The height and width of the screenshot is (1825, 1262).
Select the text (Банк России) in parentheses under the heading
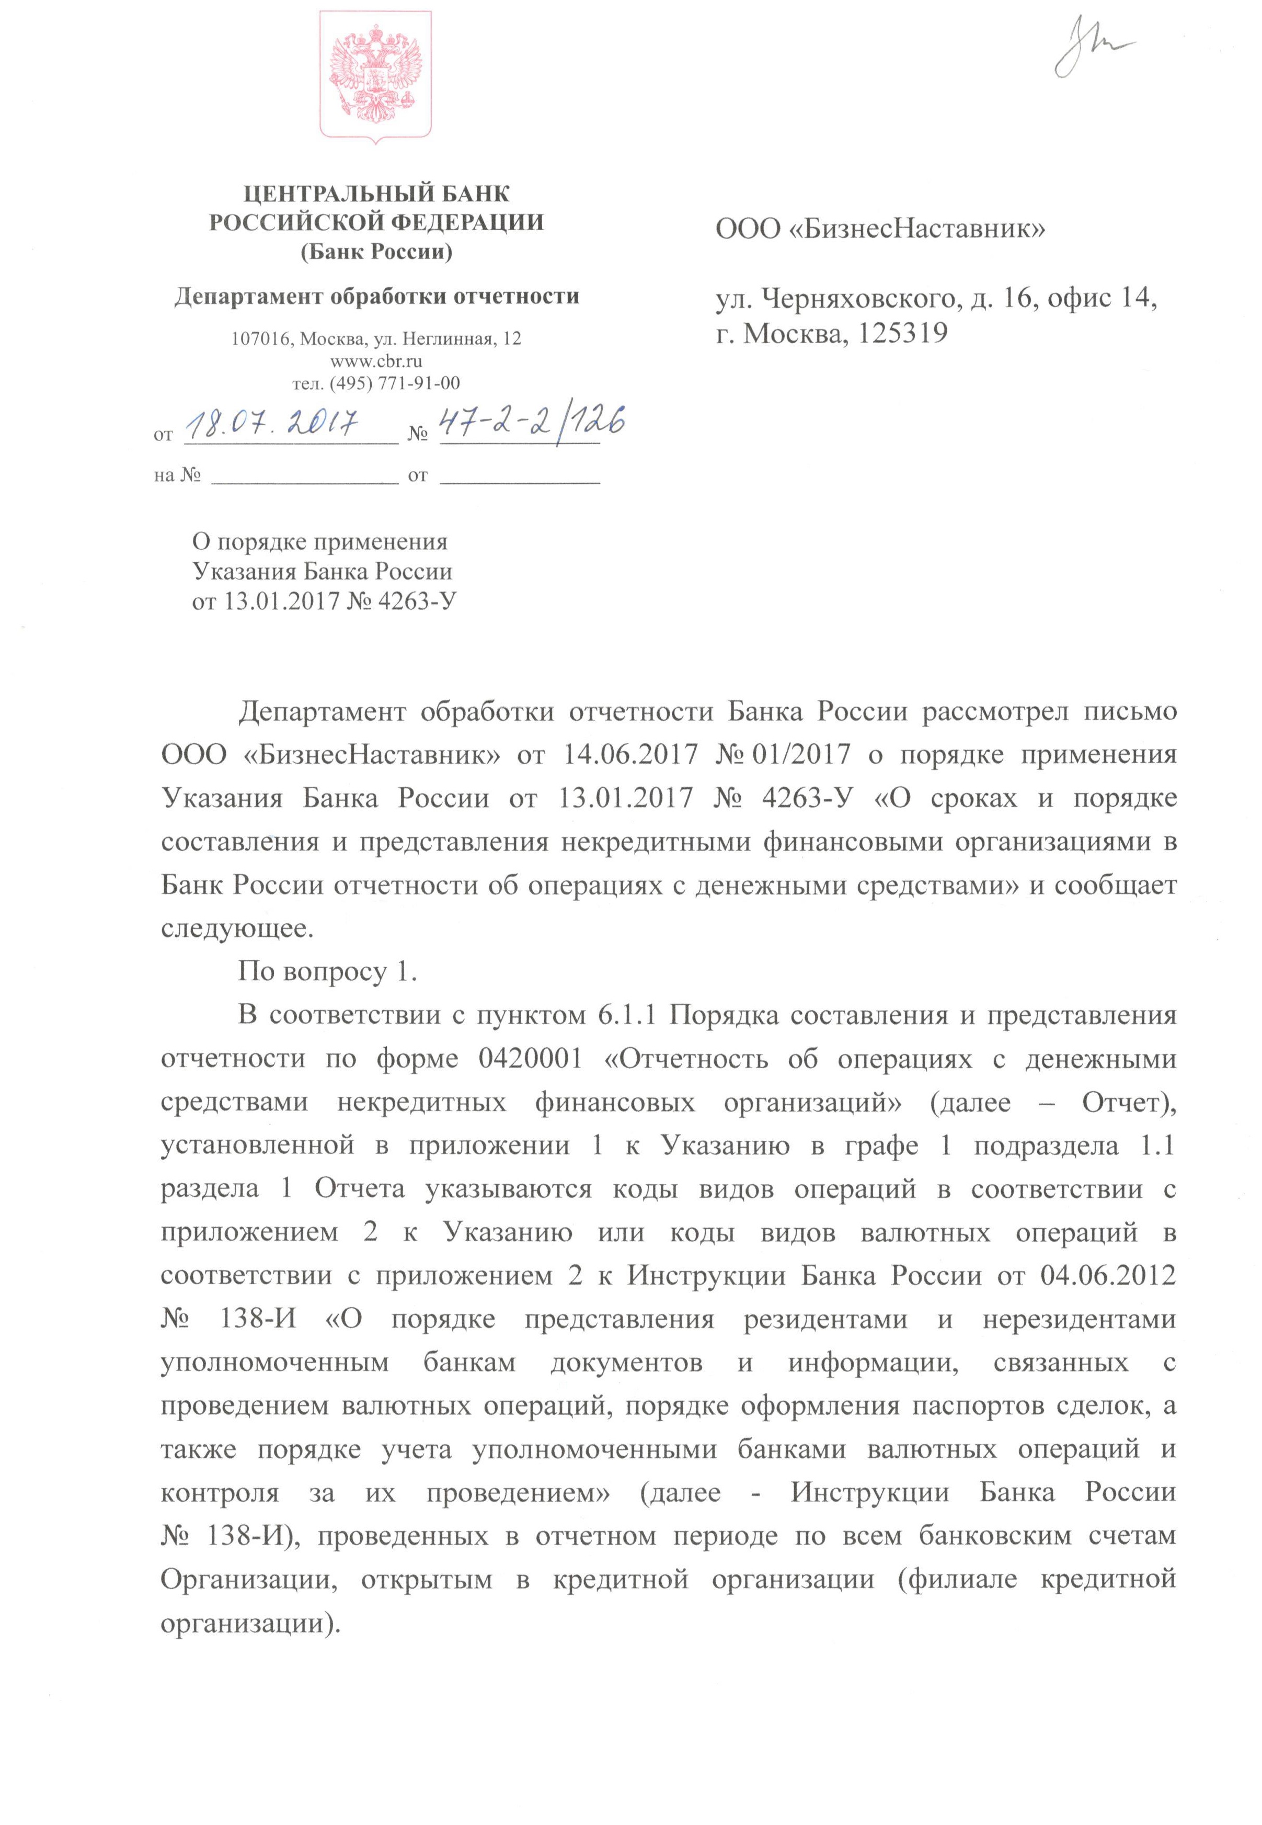[x=376, y=252]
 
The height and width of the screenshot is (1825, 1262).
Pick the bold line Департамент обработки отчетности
[x=376, y=297]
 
